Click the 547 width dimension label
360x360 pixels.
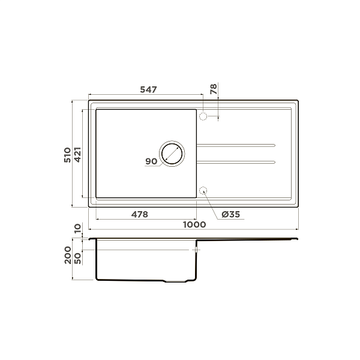tap(148, 89)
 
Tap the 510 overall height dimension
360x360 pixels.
tap(68, 155)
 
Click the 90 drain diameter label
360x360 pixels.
tap(151, 161)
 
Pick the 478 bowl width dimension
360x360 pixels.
tap(139, 214)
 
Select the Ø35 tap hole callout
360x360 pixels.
tap(230, 214)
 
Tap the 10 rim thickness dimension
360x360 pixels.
tap(77, 229)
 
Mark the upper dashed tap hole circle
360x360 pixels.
tap(203, 116)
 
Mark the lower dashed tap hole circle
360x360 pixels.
tap(203, 191)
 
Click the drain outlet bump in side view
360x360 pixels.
tap(177, 281)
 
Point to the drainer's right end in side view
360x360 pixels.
tap(296, 240)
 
